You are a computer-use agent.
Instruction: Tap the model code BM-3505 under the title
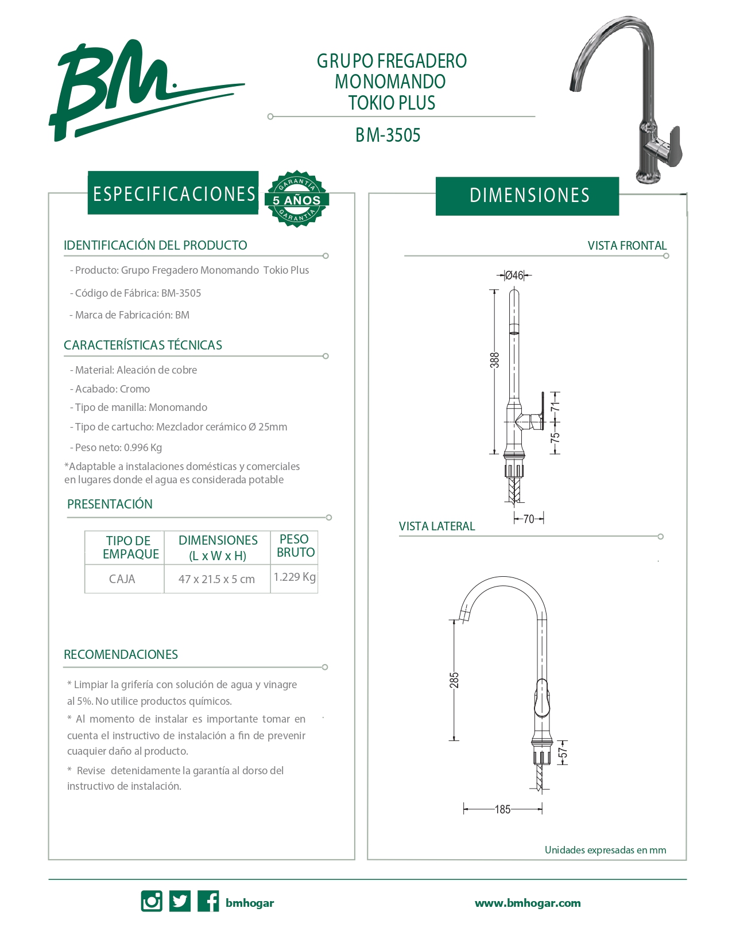(x=388, y=135)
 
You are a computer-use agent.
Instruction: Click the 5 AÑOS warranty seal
(x=296, y=199)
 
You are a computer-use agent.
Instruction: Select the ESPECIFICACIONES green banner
(x=173, y=193)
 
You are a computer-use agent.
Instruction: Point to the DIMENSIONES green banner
(x=528, y=196)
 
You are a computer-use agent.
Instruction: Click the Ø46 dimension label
(x=514, y=275)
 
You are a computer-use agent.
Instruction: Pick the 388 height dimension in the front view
(x=495, y=360)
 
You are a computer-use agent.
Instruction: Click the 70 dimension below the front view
(x=529, y=519)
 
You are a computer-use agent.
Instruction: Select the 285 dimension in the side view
(x=454, y=680)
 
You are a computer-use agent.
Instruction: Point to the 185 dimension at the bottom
(x=502, y=809)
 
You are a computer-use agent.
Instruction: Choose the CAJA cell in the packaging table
(x=122, y=579)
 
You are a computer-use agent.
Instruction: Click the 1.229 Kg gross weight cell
(x=295, y=577)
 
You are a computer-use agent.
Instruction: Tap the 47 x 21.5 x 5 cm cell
(x=216, y=579)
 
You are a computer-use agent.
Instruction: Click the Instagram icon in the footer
(x=152, y=901)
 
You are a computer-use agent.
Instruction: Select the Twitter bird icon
(x=180, y=901)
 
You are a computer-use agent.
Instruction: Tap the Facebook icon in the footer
(x=208, y=901)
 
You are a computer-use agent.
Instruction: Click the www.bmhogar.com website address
(x=528, y=903)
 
